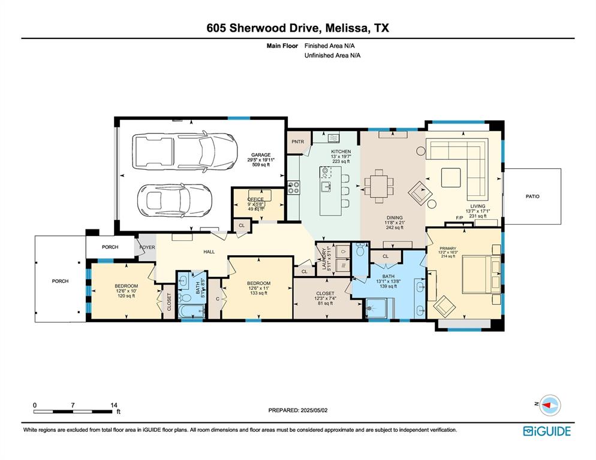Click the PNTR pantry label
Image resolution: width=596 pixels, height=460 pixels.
(298, 142)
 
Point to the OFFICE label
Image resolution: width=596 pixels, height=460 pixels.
(255, 199)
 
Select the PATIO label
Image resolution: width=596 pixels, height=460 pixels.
(532, 196)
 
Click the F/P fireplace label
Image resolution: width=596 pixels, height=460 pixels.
(460, 217)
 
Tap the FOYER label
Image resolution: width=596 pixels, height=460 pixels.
(147, 247)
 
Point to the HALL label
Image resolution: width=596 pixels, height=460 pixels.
(209, 252)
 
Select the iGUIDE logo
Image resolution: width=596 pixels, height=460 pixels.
(547, 431)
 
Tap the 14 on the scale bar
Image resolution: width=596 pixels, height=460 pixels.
(114, 405)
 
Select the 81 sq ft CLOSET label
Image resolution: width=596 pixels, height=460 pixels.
(324, 297)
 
